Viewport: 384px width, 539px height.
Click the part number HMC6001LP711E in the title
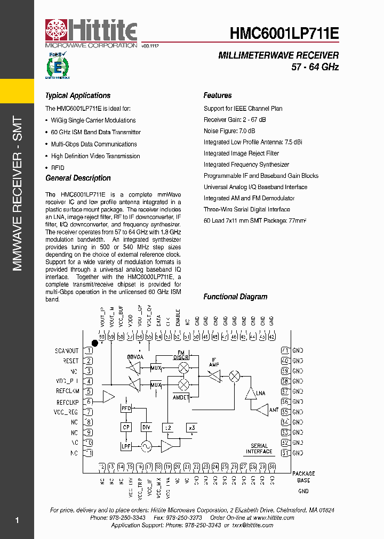point(284,34)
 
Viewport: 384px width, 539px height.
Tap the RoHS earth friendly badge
point(57,66)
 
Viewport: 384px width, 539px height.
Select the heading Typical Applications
point(78,96)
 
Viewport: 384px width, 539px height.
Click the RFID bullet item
point(58,168)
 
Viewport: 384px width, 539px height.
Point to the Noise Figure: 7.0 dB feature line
point(229,131)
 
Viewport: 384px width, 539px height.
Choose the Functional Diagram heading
point(235,297)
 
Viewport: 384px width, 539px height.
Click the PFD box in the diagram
point(126,409)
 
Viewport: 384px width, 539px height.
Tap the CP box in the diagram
point(126,427)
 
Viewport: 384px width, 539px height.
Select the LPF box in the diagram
point(126,446)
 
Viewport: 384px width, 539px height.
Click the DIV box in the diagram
point(146,427)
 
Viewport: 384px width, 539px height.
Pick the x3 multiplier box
point(191,427)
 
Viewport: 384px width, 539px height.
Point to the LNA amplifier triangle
point(250,394)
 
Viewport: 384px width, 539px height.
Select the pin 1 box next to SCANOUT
point(90,351)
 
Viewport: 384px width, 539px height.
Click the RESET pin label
point(70,361)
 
